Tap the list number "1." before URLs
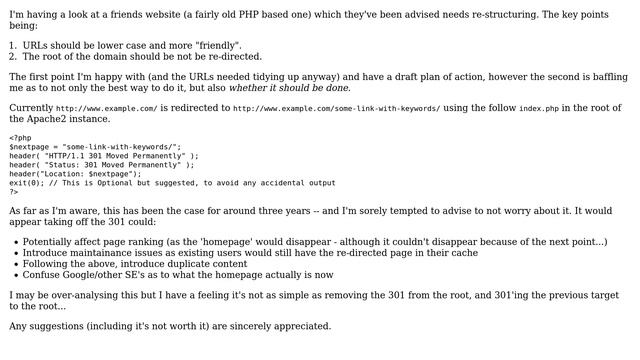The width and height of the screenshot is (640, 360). (x=13, y=46)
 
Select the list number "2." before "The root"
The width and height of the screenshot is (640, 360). (x=13, y=57)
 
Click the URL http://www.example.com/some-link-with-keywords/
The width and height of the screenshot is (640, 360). (x=336, y=108)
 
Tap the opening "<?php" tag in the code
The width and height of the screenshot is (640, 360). (x=20, y=138)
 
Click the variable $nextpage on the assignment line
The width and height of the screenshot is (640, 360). (x=28, y=147)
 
